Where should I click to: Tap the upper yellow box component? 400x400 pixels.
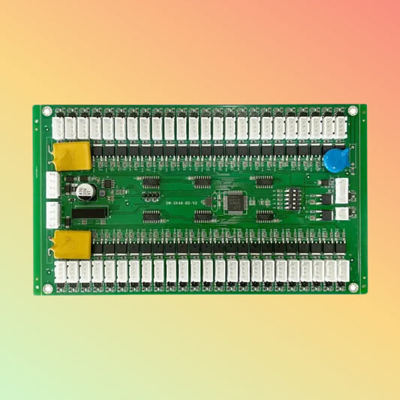coord(71,155)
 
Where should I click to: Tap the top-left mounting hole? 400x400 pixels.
coord(47,112)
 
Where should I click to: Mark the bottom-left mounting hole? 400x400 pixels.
coord(47,287)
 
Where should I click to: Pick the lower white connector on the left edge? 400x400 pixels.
coord(53,215)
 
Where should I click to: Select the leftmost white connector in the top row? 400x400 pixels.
coord(59,128)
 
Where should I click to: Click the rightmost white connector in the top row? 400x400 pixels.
coord(341,128)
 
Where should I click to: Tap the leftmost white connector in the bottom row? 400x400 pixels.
coord(60,271)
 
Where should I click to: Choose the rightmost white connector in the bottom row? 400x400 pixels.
coord(342,271)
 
